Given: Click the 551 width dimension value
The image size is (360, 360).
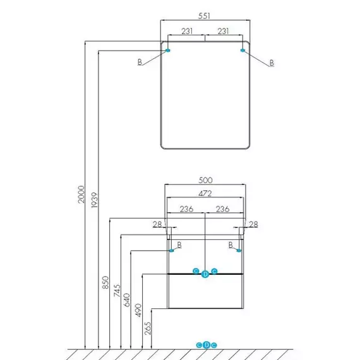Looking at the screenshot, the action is click(204, 16).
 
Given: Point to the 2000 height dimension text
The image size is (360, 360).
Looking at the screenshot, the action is click(81, 195).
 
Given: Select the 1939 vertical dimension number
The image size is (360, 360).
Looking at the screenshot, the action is click(94, 200).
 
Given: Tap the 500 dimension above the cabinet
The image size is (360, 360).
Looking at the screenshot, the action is click(205, 180).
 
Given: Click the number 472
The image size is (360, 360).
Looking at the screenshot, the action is click(205, 193).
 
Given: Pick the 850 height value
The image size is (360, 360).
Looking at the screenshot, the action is click(105, 282).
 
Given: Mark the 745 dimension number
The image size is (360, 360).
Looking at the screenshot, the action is click(117, 291).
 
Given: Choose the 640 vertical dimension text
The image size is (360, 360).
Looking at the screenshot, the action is click(126, 300).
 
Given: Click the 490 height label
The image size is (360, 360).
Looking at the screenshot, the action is click(138, 310).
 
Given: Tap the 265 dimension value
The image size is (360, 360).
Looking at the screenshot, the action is click(148, 328).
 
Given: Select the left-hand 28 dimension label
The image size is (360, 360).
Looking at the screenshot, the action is click(157, 224).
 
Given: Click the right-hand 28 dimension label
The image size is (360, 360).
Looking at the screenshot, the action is click(253, 224).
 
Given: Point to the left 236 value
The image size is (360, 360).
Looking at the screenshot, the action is click(186, 209).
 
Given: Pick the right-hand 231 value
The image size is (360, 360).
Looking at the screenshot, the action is click(223, 31).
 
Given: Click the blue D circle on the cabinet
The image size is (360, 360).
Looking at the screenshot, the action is click(205, 274).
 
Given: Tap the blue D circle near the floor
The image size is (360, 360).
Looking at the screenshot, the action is click(207, 345).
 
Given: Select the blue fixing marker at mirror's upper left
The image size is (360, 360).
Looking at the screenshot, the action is click(168, 51).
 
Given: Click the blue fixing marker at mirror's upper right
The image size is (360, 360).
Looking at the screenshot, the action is click(243, 51).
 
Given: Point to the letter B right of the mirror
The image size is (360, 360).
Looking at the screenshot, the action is click(272, 63).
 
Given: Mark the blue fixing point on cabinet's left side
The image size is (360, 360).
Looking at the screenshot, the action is click(171, 251).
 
